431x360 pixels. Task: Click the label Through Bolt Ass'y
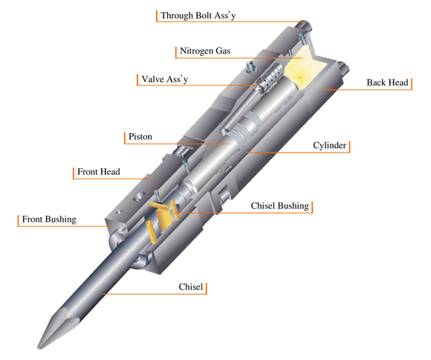[x=198, y=16]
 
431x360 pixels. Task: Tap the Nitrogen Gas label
[x=205, y=51]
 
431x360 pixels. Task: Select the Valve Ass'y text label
[x=165, y=80]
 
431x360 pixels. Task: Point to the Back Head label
[x=387, y=83]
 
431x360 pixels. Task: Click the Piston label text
[x=140, y=137]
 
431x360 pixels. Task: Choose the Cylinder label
[x=330, y=145]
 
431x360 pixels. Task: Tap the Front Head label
[x=99, y=172]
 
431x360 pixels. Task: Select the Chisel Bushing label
[x=280, y=206]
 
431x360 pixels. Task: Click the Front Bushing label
[x=49, y=219]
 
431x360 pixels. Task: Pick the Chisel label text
[x=191, y=287]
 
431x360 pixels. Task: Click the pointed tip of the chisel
[x=39, y=348]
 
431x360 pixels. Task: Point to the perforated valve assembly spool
[x=269, y=77]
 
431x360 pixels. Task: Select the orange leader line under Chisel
[x=155, y=294]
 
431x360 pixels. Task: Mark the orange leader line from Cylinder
[x=298, y=152]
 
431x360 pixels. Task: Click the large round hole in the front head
[x=139, y=196]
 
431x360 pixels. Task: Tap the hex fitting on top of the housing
[x=250, y=67]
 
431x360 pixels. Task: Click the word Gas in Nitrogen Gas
[x=223, y=51]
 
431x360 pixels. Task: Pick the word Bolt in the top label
[x=204, y=16]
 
